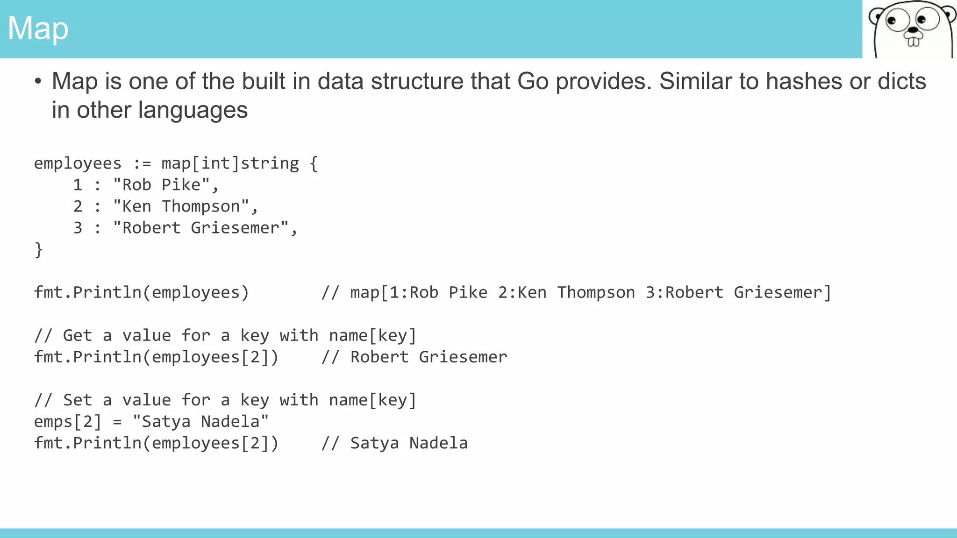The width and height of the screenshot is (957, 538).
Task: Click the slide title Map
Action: pyautogui.click(x=38, y=28)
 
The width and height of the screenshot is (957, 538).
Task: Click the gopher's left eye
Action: pyautogui.click(x=892, y=21)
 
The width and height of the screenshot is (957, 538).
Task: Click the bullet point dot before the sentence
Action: pyautogui.click(x=38, y=82)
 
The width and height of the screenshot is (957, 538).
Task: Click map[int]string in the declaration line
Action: pyautogui.click(x=230, y=163)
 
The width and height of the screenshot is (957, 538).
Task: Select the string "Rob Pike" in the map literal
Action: pyautogui.click(x=161, y=185)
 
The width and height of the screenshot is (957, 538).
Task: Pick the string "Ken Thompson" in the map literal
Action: pyautogui.click(x=181, y=206)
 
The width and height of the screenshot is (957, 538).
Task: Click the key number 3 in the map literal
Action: pyautogui.click(x=78, y=228)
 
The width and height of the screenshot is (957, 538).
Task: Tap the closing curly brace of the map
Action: pyautogui.click(x=38, y=250)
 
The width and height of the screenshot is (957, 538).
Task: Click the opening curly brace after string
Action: pyautogui.click(x=314, y=164)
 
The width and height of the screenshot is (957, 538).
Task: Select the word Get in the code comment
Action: pyautogui.click(x=77, y=335)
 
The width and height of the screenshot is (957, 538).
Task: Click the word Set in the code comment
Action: pyautogui.click(x=77, y=400)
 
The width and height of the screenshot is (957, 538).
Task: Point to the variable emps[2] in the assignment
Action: pyautogui.click(x=67, y=422)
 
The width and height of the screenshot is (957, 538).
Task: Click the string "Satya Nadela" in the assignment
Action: pyautogui.click(x=200, y=421)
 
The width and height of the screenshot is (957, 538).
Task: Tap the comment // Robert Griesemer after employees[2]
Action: pyautogui.click(x=414, y=357)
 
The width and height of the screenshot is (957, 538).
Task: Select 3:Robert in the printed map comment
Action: pyautogui.click(x=684, y=293)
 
